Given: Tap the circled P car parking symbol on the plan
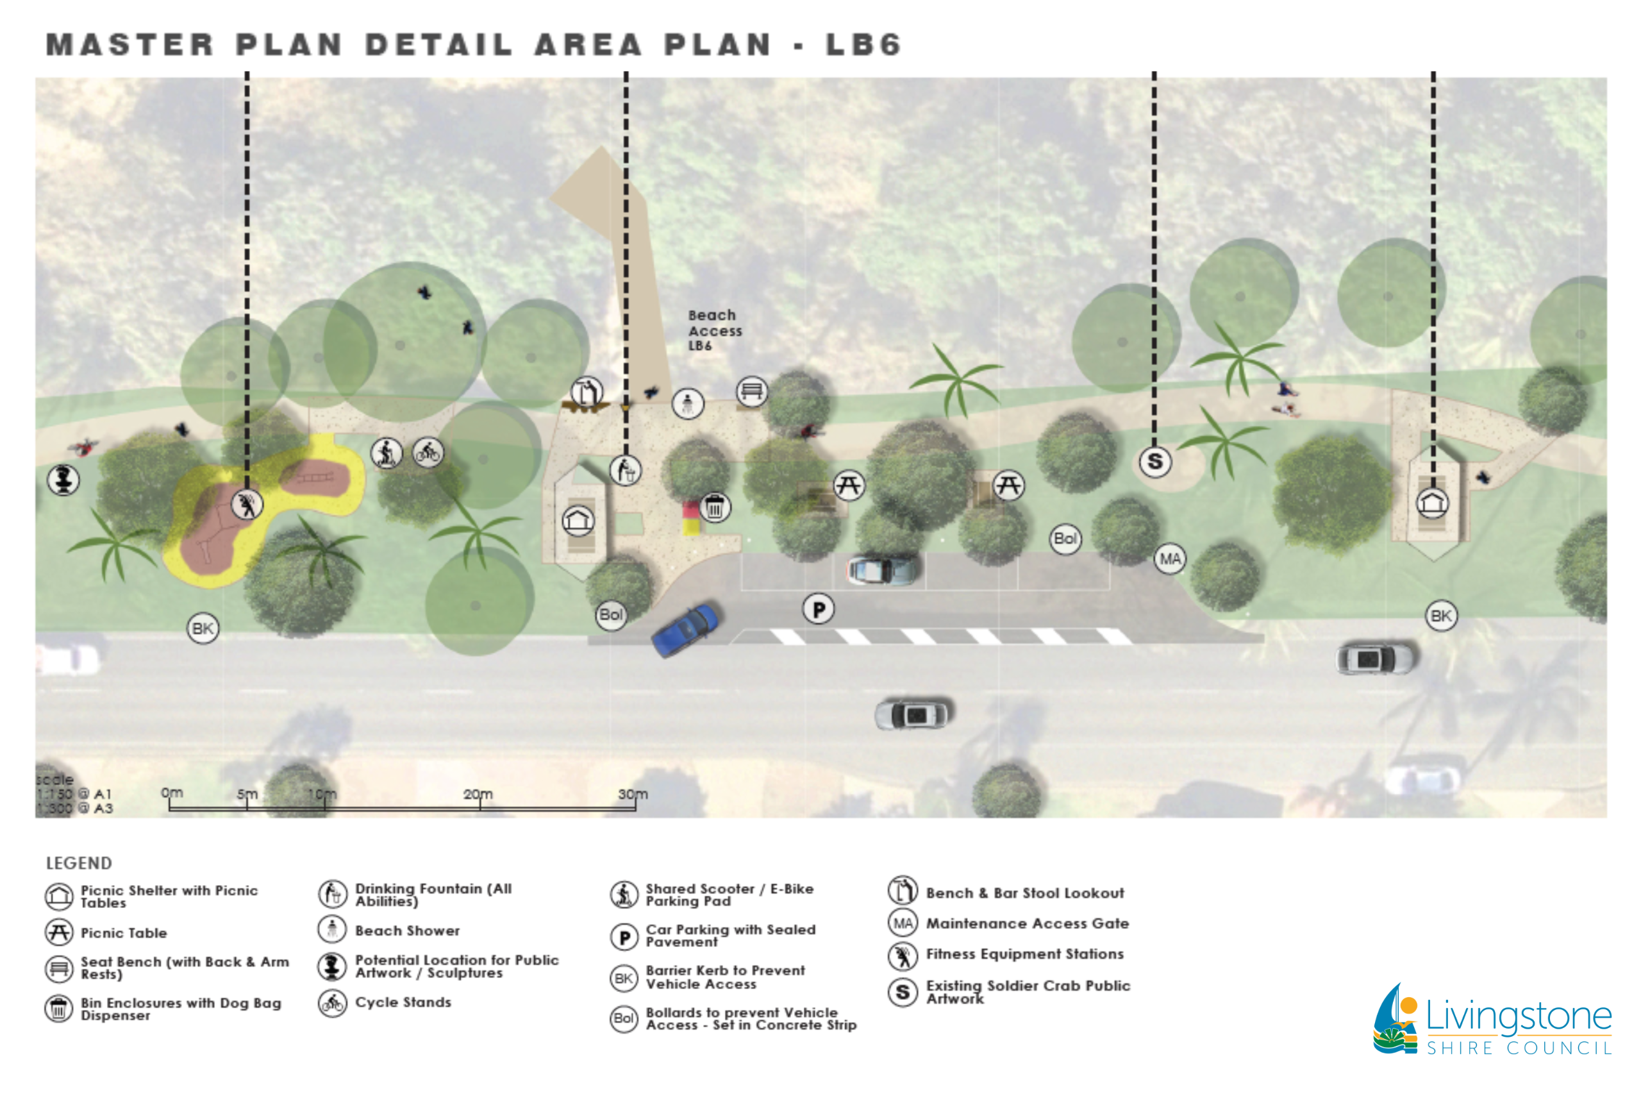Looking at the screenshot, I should click(818, 609).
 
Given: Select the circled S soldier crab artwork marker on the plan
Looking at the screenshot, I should click(1154, 461).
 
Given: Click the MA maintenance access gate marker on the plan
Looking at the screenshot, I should click(1170, 559).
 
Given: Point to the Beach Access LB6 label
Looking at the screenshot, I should click(713, 330).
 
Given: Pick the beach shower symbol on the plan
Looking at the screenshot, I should click(688, 403).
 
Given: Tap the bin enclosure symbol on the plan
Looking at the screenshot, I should click(714, 507).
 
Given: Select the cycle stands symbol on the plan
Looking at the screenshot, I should click(428, 453).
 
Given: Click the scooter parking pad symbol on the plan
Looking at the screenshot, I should click(386, 453).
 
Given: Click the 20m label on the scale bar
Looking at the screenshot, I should click(478, 794).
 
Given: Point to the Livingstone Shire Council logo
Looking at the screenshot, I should click(1492, 1020).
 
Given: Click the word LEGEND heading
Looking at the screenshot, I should click(79, 863).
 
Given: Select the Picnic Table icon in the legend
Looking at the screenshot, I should click(58, 932).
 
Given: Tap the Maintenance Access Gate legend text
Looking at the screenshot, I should click(1026, 923).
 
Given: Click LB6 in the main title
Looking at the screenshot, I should click(863, 46).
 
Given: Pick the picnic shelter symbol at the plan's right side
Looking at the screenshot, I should click(1432, 502).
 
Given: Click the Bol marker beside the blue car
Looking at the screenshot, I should click(611, 615).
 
